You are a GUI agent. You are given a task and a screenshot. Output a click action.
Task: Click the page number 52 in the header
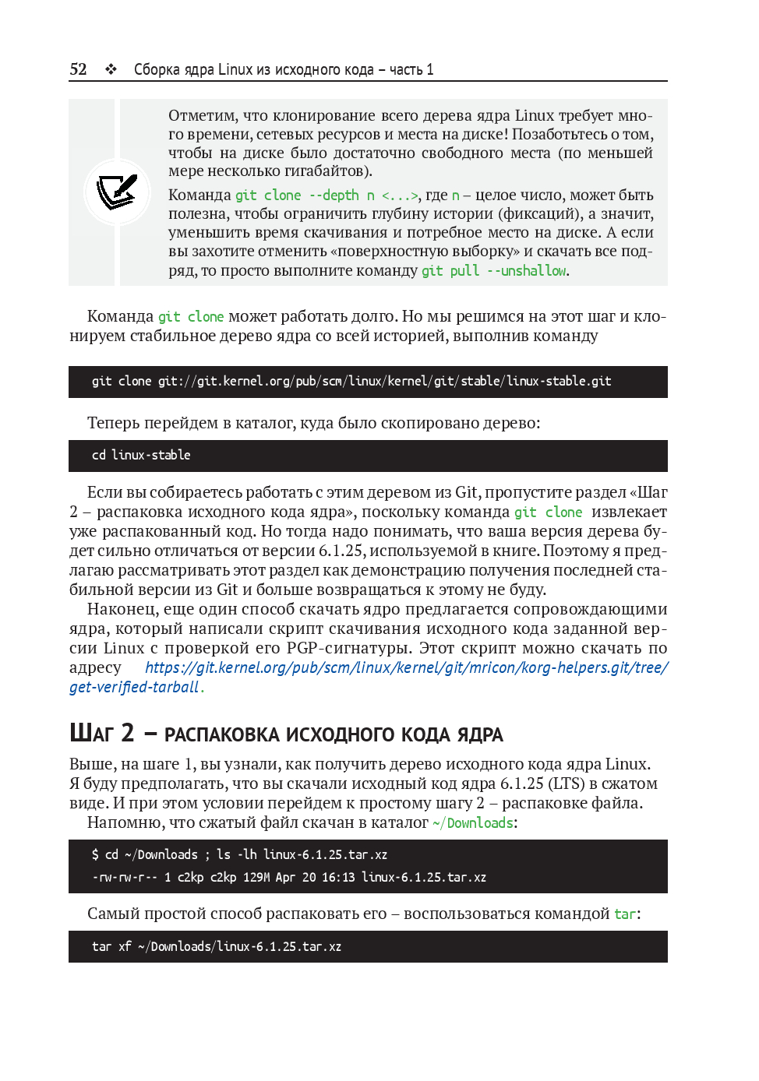78,69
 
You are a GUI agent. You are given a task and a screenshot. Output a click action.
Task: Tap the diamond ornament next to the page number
111,69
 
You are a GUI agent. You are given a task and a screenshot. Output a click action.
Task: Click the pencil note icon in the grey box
117,192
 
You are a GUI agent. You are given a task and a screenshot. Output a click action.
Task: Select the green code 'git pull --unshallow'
494,271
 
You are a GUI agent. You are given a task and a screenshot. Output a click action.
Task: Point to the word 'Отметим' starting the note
203,116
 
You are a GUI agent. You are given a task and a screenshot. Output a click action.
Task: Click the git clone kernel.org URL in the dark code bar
384,382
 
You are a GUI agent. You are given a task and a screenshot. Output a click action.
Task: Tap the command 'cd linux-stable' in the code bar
141,456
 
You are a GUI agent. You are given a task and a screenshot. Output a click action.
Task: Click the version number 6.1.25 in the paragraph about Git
340,551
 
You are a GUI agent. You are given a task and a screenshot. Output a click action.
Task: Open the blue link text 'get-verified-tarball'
134,687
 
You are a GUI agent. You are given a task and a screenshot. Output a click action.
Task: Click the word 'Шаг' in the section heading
91,734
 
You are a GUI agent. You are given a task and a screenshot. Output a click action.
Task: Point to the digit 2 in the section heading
128,733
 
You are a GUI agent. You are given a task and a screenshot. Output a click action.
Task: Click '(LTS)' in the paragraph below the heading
566,783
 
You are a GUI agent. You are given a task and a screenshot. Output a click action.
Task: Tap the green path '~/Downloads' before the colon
473,823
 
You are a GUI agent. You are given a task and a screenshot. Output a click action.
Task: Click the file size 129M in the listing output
256,878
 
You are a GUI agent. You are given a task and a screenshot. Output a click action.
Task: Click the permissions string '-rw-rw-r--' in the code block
125,878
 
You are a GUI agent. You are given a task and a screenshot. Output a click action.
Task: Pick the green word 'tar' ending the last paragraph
625,914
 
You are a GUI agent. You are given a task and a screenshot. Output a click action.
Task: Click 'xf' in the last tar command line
125,947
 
